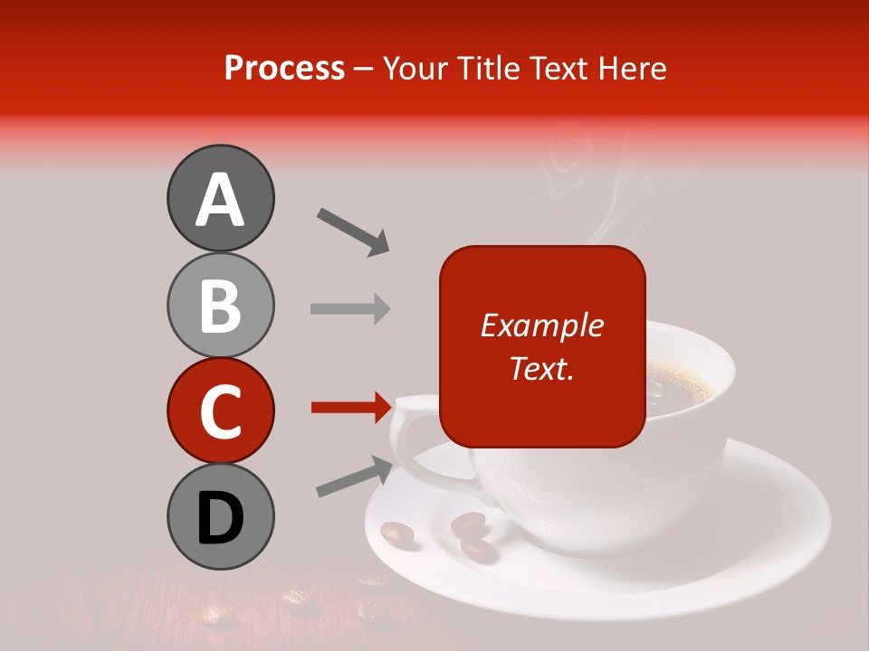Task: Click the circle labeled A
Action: point(220,198)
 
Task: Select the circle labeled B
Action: point(220,305)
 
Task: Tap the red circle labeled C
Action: point(220,410)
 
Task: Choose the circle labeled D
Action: point(220,516)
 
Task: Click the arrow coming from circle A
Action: point(353,231)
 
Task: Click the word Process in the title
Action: point(284,68)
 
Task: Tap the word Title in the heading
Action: point(489,68)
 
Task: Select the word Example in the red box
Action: point(541,325)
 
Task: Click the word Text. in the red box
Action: point(541,368)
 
